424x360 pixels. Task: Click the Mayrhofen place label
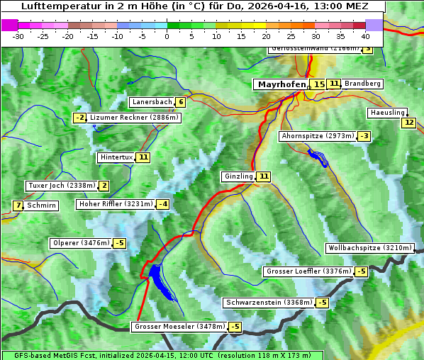click(x=281, y=84)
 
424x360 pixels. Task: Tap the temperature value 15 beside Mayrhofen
click(x=319, y=84)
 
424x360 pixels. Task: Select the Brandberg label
click(x=362, y=84)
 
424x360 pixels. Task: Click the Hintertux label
click(x=116, y=157)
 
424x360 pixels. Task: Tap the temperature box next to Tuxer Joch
click(x=104, y=186)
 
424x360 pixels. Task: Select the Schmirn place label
click(x=42, y=206)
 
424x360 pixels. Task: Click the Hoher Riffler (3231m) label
click(x=116, y=204)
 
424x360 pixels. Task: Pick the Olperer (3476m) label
click(x=81, y=243)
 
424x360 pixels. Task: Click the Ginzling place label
click(x=238, y=176)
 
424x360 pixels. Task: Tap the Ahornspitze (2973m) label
click(x=317, y=135)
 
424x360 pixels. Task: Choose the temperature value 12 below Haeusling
click(x=408, y=123)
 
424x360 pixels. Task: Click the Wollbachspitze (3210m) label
click(x=369, y=248)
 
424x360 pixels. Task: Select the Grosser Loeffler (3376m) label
click(x=308, y=271)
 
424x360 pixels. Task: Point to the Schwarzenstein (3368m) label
click(x=268, y=303)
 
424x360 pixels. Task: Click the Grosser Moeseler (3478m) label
click(x=179, y=327)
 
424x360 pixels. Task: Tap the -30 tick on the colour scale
click(x=18, y=35)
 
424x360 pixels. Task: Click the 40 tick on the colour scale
click(x=365, y=35)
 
